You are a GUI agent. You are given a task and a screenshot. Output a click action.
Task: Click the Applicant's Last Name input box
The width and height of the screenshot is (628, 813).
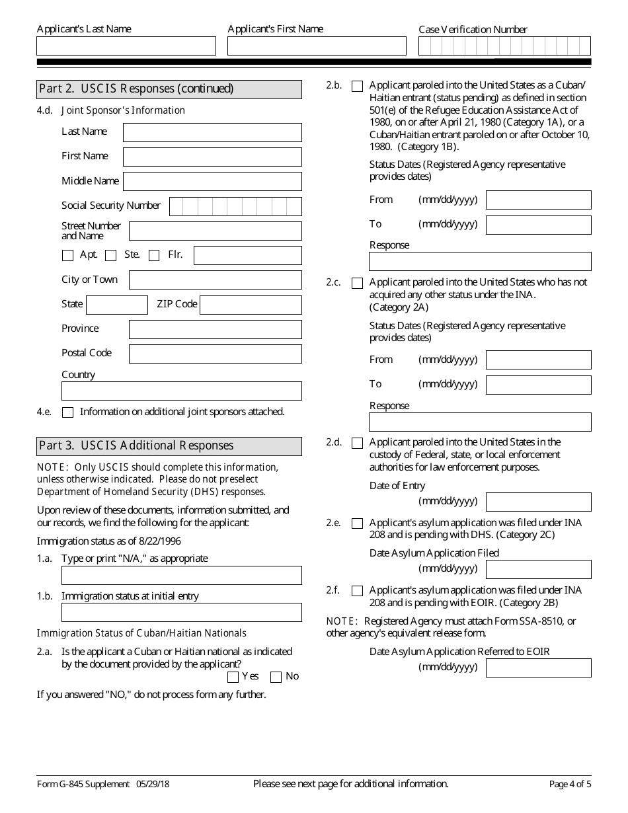click(x=126, y=46)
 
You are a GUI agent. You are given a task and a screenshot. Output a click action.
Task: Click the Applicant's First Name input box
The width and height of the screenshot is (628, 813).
click(x=317, y=46)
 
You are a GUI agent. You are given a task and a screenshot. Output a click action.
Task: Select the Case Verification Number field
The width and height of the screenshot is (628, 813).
click(x=504, y=46)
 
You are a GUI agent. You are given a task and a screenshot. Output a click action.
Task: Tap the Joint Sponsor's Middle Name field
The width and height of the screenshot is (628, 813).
click(x=212, y=181)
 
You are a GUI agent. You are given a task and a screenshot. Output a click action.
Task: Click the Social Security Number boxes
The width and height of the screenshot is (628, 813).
click(x=235, y=206)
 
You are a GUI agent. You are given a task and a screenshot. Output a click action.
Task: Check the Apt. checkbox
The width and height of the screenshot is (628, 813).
click(x=67, y=255)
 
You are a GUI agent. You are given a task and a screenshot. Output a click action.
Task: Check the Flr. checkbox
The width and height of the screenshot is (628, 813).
click(x=154, y=255)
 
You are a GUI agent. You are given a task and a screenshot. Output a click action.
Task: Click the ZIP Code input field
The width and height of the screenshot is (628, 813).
click(x=251, y=305)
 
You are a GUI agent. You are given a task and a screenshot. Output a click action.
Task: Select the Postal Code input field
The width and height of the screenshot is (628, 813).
click(x=215, y=354)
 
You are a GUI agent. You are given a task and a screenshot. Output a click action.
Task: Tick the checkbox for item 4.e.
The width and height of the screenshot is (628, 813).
click(x=67, y=412)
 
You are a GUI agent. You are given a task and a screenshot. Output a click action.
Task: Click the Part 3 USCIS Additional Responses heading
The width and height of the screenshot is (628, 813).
click(x=169, y=446)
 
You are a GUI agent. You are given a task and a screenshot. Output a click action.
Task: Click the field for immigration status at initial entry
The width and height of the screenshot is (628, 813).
click(x=181, y=612)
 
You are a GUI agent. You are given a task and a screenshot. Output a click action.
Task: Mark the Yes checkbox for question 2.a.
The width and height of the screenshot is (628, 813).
click(x=233, y=677)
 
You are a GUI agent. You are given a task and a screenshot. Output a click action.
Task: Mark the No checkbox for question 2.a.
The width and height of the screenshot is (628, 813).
click(x=276, y=677)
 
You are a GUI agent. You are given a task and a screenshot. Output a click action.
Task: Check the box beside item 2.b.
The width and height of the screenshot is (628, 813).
click(x=357, y=86)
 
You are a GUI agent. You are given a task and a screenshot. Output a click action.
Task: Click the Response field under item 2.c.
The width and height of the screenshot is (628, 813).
click(x=480, y=422)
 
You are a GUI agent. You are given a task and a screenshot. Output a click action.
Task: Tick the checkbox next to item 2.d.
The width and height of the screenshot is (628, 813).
click(x=357, y=443)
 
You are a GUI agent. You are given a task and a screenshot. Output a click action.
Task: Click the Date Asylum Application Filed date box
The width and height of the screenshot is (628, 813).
click(x=538, y=569)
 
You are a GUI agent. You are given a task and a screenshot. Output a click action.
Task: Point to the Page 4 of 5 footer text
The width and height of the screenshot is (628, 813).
click(x=570, y=785)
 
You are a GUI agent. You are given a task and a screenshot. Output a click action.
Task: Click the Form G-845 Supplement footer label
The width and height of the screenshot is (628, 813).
click(x=83, y=785)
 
